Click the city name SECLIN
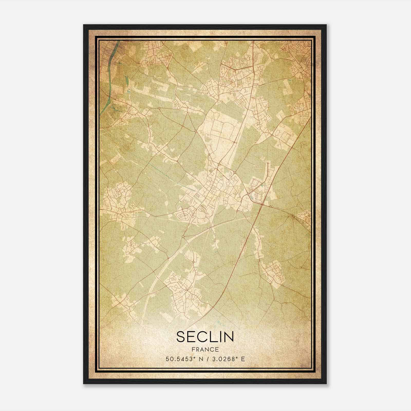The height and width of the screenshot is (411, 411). tap(205, 337)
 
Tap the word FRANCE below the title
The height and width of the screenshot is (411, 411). tap(205, 349)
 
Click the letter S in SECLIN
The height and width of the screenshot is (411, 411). tap(181, 337)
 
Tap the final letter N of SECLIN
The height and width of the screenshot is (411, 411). tap(229, 337)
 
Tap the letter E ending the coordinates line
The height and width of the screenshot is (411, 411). tap(243, 359)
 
